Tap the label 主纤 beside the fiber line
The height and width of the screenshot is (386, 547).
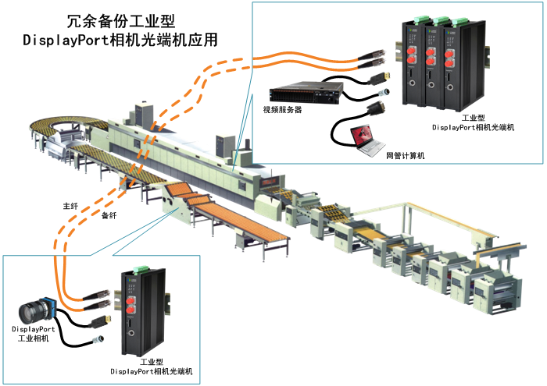(x=71, y=207)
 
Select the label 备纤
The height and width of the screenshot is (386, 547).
(x=109, y=216)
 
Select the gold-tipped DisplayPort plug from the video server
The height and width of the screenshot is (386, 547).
(x=384, y=76)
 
